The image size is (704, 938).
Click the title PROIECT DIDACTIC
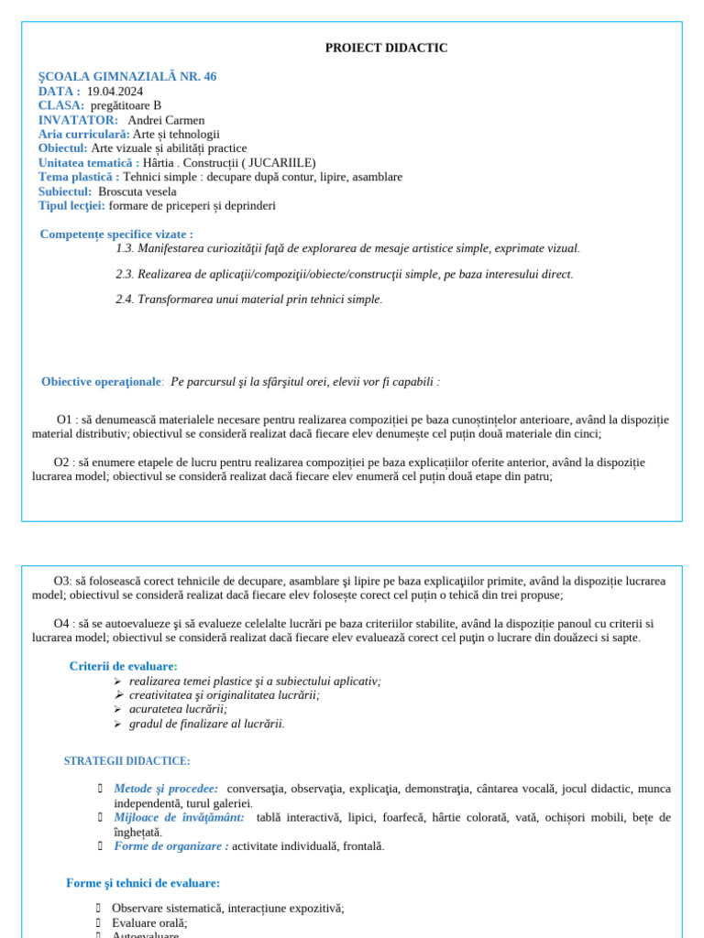[x=386, y=48]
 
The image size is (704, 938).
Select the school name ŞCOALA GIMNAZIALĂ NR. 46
[x=127, y=76]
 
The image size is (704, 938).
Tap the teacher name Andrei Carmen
[x=166, y=120]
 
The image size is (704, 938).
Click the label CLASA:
[x=61, y=105]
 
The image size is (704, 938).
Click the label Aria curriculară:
[x=83, y=134]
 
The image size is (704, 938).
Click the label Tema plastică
[x=78, y=177]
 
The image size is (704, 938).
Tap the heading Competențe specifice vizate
[x=116, y=234]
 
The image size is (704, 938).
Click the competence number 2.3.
[x=125, y=274]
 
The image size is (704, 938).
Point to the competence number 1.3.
[x=125, y=248]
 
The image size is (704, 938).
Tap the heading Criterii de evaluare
[x=123, y=666]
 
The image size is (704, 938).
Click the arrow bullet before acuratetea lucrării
[x=117, y=709]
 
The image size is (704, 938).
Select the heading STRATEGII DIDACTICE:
[x=127, y=761]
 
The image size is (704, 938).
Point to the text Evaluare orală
[x=149, y=923]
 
